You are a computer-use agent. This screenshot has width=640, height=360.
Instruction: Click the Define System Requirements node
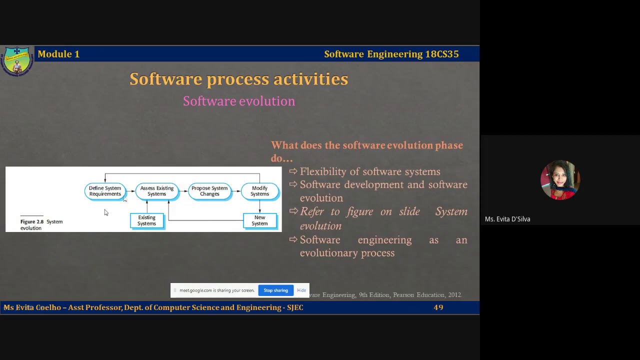105,191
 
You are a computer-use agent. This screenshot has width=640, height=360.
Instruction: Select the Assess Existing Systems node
156,191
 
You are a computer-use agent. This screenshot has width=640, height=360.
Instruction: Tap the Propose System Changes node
209,191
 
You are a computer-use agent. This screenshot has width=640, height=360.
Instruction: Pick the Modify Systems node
259,191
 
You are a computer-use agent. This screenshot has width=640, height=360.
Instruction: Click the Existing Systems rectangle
146,220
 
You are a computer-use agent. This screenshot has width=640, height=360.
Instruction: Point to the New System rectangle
259,220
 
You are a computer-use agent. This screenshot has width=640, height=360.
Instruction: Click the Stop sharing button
275,290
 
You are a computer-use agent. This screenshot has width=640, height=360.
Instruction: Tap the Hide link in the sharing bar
301,290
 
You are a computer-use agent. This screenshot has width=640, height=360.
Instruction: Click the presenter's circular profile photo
560,180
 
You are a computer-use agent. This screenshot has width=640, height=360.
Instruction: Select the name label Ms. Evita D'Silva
507,219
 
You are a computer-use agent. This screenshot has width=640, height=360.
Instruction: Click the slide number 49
438,307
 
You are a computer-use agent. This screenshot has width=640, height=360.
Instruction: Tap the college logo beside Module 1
17,61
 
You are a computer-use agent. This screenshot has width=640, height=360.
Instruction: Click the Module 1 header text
58,54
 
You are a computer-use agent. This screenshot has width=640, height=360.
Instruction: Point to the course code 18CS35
442,54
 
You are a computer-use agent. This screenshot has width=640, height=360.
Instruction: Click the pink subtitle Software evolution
239,101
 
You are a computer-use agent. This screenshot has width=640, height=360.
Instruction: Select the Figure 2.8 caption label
32,221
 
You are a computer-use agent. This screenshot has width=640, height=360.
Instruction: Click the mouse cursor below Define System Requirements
106,213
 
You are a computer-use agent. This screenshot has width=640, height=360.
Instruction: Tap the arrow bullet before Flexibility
293,171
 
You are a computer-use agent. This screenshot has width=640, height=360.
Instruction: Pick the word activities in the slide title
310,79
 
